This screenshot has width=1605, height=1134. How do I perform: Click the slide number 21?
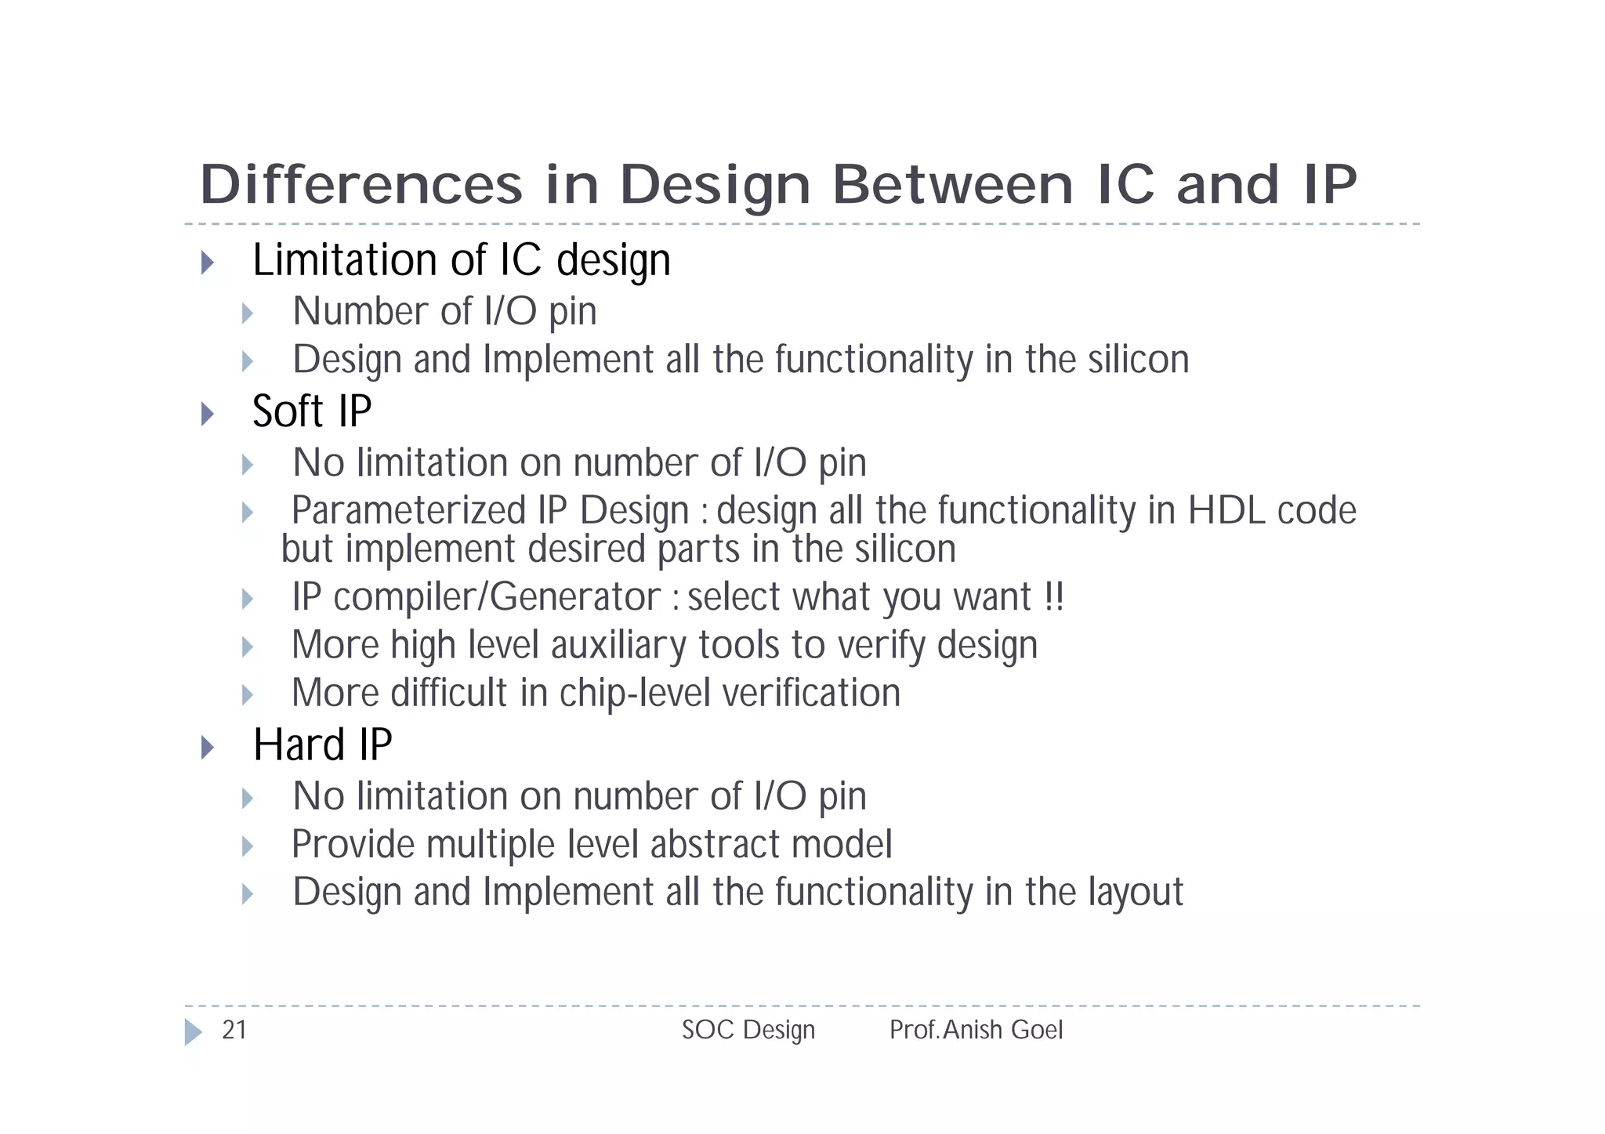tap(234, 1030)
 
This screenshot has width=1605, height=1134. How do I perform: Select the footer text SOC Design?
tap(748, 1030)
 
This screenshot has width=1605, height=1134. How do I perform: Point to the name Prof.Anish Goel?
tap(976, 1030)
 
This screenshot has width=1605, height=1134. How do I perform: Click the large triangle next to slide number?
tap(193, 1031)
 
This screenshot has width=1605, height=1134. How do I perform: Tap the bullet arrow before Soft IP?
tap(207, 414)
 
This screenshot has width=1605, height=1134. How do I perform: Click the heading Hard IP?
tap(322, 745)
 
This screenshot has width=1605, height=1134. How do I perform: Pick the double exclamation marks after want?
tap(1054, 596)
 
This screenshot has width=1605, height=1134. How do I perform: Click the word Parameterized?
tap(408, 510)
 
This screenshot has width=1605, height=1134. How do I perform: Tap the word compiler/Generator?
tap(497, 596)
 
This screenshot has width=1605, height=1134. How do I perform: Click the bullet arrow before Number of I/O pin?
tap(248, 313)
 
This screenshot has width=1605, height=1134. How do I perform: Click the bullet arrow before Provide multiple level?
tap(248, 846)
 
